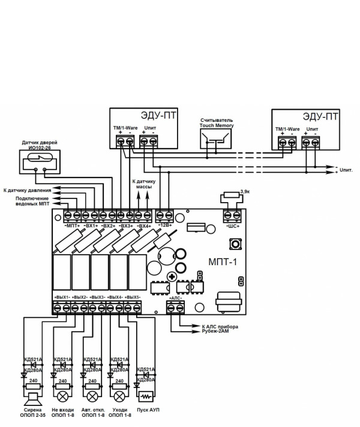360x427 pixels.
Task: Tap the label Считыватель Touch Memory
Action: pyautogui.click(x=217, y=124)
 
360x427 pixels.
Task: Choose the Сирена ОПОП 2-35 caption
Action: pyautogui.click(x=32, y=413)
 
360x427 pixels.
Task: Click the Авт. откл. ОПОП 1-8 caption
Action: pyautogui.click(x=93, y=413)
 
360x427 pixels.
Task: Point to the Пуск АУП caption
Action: pyautogui.click(x=148, y=411)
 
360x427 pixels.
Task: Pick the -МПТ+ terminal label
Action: pyautogui.click(x=71, y=225)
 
